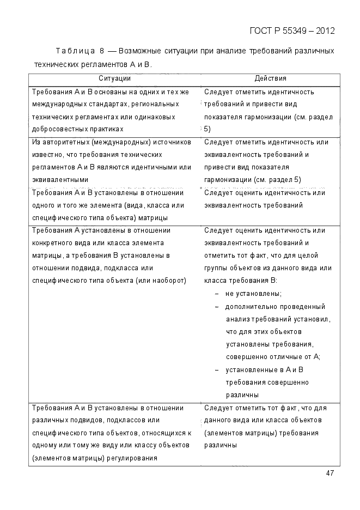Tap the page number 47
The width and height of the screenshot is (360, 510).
[x=330, y=473]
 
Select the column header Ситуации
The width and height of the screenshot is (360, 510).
[x=114, y=78]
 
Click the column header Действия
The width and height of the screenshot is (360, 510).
[x=270, y=78]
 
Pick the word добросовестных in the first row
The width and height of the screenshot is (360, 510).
[x=58, y=129]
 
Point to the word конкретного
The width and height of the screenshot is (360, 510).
[x=52, y=242]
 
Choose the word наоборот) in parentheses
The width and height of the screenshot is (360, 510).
[x=169, y=280]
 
